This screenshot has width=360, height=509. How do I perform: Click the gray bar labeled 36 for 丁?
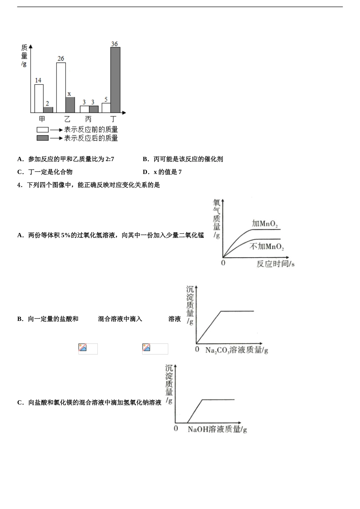click(x=115, y=80)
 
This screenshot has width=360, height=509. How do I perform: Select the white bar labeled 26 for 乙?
click(x=61, y=87)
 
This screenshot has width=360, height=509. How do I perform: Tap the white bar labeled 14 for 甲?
click(x=39, y=98)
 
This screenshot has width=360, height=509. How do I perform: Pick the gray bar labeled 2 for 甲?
click(x=48, y=110)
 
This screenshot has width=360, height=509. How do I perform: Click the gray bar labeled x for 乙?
click(x=70, y=105)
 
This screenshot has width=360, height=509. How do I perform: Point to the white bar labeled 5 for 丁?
click(x=106, y=108)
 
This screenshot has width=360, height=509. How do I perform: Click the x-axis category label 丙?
click(x=88, y=119)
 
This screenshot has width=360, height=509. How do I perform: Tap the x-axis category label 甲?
click(x=42, y=119)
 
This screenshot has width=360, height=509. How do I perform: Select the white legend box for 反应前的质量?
click(x=42, y=130)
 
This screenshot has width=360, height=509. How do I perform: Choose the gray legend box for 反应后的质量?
click(x=42, y=138)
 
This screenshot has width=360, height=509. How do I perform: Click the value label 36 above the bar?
click(x=114, y=44)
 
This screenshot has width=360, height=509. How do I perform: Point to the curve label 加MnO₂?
click(x=265, y=223)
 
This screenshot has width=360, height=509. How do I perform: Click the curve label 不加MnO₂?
click(x=267, y=247)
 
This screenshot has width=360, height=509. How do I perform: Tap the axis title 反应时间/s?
click(x=275, y=264)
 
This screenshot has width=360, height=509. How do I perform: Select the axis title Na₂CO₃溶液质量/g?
click(x=236, y=350)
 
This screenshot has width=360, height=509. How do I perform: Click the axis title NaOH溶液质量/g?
click(x=217, y=429)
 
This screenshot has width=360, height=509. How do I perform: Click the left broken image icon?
click(x=83, y=348)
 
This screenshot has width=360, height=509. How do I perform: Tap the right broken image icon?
click(x=146, y=348)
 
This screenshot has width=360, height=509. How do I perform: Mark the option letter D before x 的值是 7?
click(x=146, y=172)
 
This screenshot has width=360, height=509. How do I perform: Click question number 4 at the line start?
click(x=20, y=185)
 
